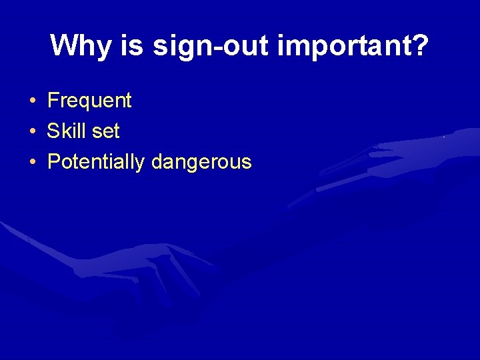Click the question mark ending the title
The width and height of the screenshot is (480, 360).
420,45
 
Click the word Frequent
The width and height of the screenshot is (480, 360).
89,101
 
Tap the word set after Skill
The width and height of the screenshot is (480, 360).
105,131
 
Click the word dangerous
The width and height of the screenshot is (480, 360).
202,162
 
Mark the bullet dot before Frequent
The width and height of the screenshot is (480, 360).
32,101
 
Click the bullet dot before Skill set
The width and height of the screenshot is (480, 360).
32,131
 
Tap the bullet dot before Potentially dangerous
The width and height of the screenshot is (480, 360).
32,162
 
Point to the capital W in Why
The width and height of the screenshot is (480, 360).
63,45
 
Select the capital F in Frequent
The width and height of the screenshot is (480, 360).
53,101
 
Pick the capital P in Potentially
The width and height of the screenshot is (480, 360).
53,162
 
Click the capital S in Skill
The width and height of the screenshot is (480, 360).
53,131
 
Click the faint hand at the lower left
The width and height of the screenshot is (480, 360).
133,267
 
